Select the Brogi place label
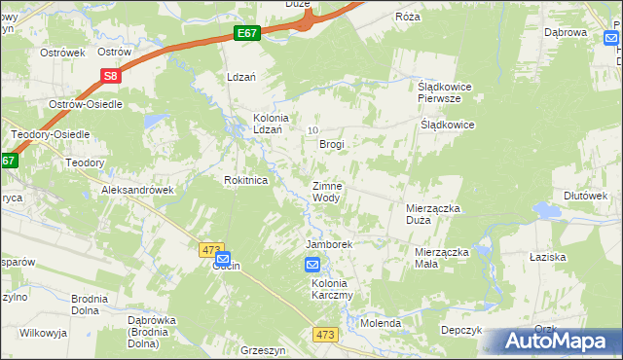coord(333,144)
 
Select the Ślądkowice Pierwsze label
coord(438,91)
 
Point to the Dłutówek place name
coord(585,195)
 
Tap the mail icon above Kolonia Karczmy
coord(312,265)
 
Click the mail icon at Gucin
coord(222,259)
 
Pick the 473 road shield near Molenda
coord(327,334)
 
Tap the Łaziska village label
coord(575,256)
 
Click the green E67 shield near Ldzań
coord(247,34)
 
